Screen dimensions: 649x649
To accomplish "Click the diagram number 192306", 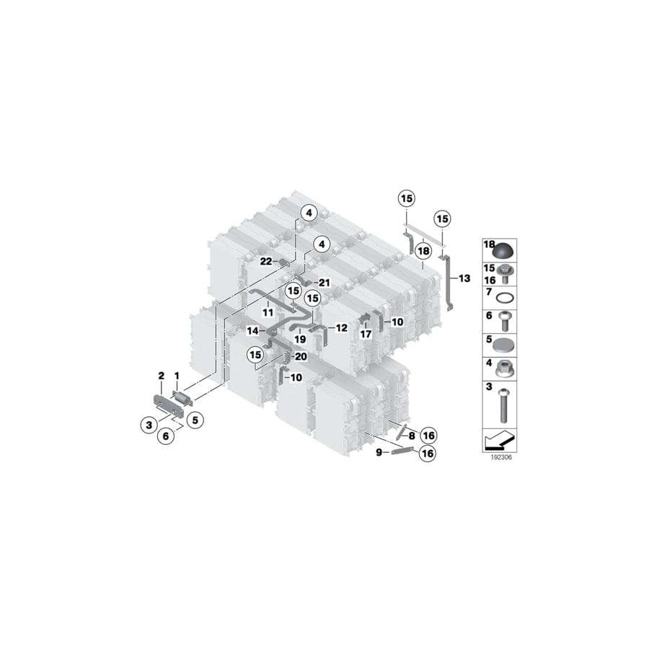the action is (x=501, y=457).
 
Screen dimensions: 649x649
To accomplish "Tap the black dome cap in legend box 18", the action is (x=505, y=251).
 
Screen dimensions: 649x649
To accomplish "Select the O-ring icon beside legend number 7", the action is (x=505, y=298).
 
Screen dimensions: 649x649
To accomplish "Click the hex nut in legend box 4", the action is (x=505, y=368).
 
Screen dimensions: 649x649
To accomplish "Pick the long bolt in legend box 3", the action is (x=503, y=405).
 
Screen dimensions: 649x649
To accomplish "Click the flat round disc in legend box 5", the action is (x=505, y=345).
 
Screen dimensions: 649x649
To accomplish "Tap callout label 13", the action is (x=464, y=278).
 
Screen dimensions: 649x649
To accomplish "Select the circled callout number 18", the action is (x=423, y=251).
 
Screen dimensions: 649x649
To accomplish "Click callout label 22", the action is (x=265, y=261).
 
